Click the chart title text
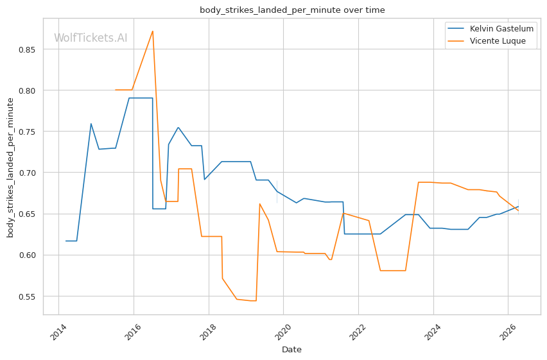tap(292, 10)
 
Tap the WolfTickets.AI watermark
tap(91, 38)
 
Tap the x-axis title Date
tap(291, 350)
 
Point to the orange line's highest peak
tap(152, 31)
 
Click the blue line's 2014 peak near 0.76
tap(91, 124)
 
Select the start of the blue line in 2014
tap(66, 241)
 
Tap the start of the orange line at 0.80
tap(116, 90)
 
